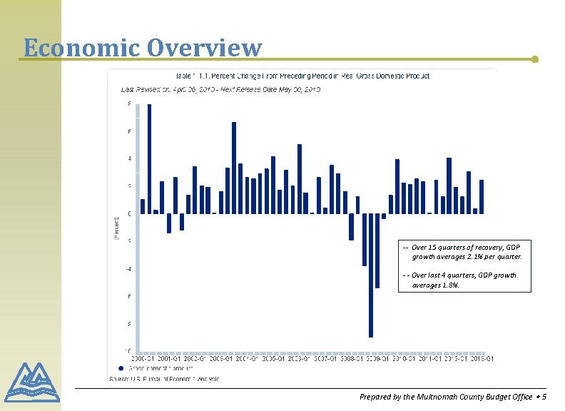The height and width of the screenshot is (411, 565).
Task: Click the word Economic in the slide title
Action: click(81, 47)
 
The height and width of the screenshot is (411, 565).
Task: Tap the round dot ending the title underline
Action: click(536, 59)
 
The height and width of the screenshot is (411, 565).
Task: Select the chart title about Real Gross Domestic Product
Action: click(302, 75)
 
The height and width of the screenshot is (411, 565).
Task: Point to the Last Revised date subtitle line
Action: click(220, 90)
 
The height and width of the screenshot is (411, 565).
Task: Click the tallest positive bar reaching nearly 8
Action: click(149, 158)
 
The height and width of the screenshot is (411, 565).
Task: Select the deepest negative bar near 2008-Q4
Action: click(371, 275)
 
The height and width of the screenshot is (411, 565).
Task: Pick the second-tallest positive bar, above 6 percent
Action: click(234, 168)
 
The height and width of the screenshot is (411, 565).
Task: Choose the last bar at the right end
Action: click(482, 196)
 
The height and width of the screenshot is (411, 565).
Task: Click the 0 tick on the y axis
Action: click(129, 213)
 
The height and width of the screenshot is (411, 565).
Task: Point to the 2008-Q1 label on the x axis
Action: click(351, 358)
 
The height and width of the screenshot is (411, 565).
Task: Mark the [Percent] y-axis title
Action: click(117, 228)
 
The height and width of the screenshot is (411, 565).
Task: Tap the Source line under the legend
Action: click(164, 378)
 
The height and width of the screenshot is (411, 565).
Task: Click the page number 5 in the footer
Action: click(544, 397)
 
